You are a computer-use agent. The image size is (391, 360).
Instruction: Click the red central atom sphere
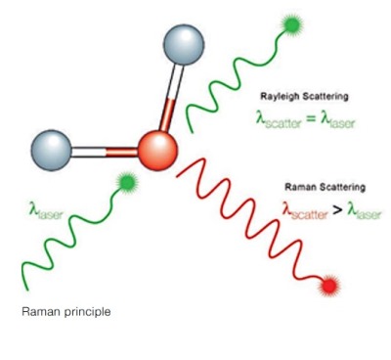click(157, 151)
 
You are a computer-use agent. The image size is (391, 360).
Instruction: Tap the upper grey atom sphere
click(184, 45)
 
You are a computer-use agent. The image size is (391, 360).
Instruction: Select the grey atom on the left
click(52, 151)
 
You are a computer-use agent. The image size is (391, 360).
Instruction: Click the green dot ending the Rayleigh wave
click(292, 23)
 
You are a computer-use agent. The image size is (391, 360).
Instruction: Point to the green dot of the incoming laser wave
click(126, 183)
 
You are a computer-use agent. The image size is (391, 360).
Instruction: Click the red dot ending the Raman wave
click(329, 286)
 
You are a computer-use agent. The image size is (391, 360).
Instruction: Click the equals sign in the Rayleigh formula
click(311, 118)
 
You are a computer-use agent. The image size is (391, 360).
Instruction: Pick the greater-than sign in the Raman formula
click(337, 210)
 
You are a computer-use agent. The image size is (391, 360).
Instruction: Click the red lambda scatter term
click(305, 211)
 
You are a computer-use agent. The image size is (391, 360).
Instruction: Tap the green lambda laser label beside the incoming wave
click(45, 210)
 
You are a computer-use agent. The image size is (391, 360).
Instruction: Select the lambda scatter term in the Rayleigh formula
click(279, 119)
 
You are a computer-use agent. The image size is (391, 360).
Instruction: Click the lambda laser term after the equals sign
click(337, 119)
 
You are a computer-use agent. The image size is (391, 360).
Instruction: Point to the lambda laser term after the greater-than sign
click(364, 211)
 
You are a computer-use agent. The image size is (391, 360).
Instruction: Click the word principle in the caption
click(87, 312)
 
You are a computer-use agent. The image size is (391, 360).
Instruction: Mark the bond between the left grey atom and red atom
click(105, 152)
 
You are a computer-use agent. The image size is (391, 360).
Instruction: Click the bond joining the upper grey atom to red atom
click(172, 98)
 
